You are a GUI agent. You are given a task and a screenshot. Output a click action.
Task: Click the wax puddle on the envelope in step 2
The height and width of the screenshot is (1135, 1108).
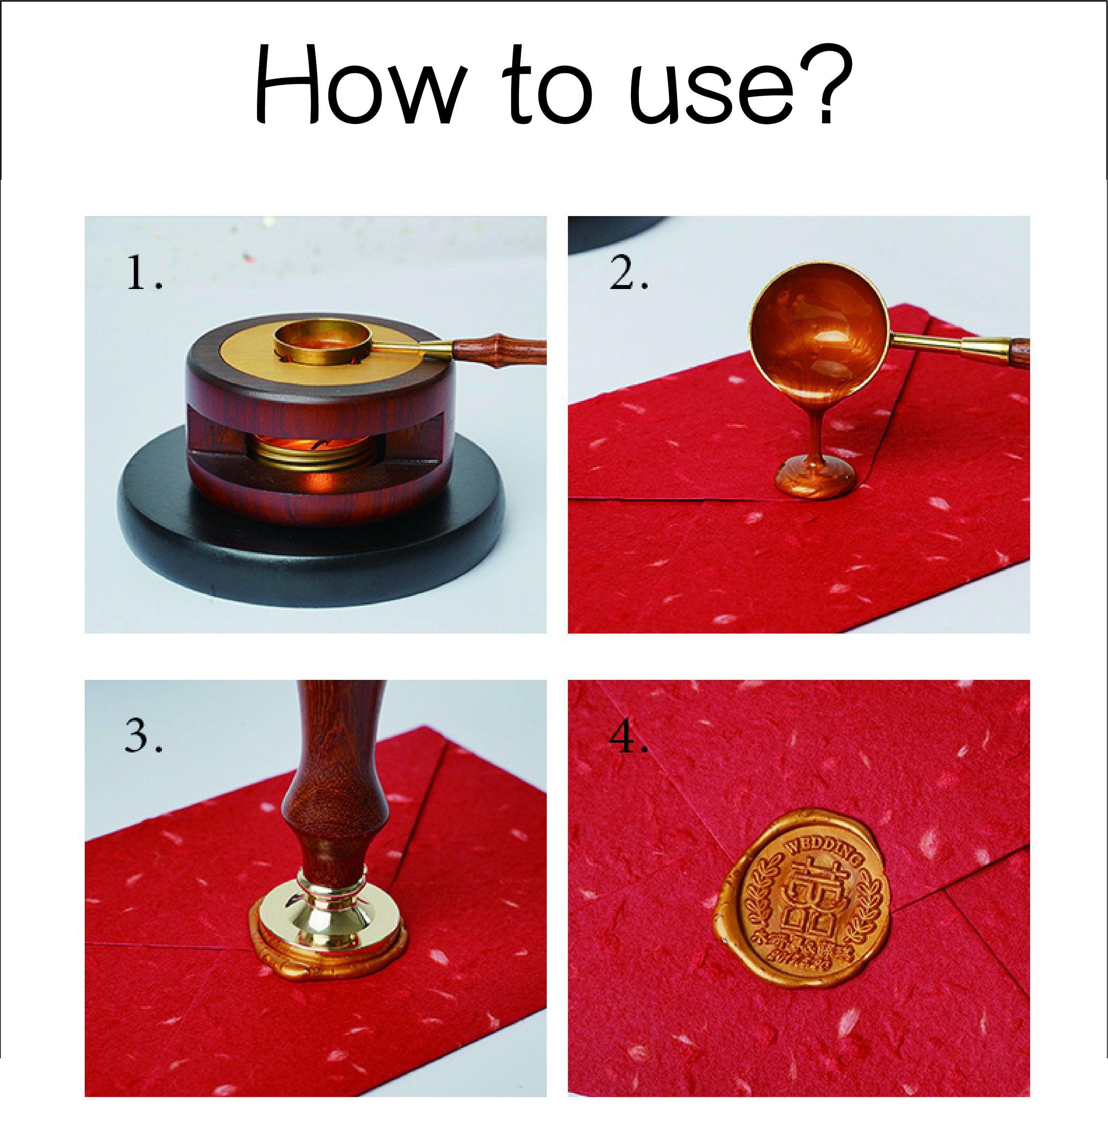click(x=815, y=476)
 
